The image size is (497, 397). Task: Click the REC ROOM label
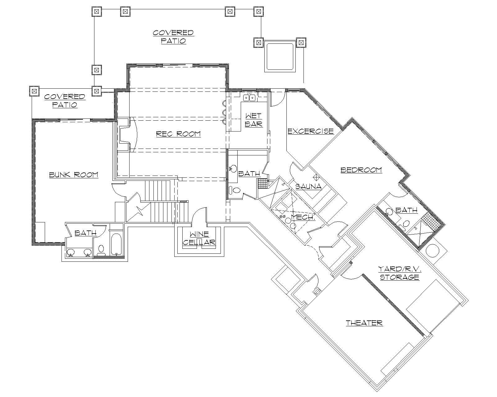178,134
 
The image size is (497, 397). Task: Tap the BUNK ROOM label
74,175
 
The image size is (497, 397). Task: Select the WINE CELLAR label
199,239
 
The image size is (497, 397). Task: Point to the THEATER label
364,323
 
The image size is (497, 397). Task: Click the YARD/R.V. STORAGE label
399,273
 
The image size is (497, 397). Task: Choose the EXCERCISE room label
310,131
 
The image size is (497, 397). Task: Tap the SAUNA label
308,187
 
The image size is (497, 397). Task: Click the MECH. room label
303,217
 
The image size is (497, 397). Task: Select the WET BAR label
253,120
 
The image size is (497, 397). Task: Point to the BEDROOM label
361,170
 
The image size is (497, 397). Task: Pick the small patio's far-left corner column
34,91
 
